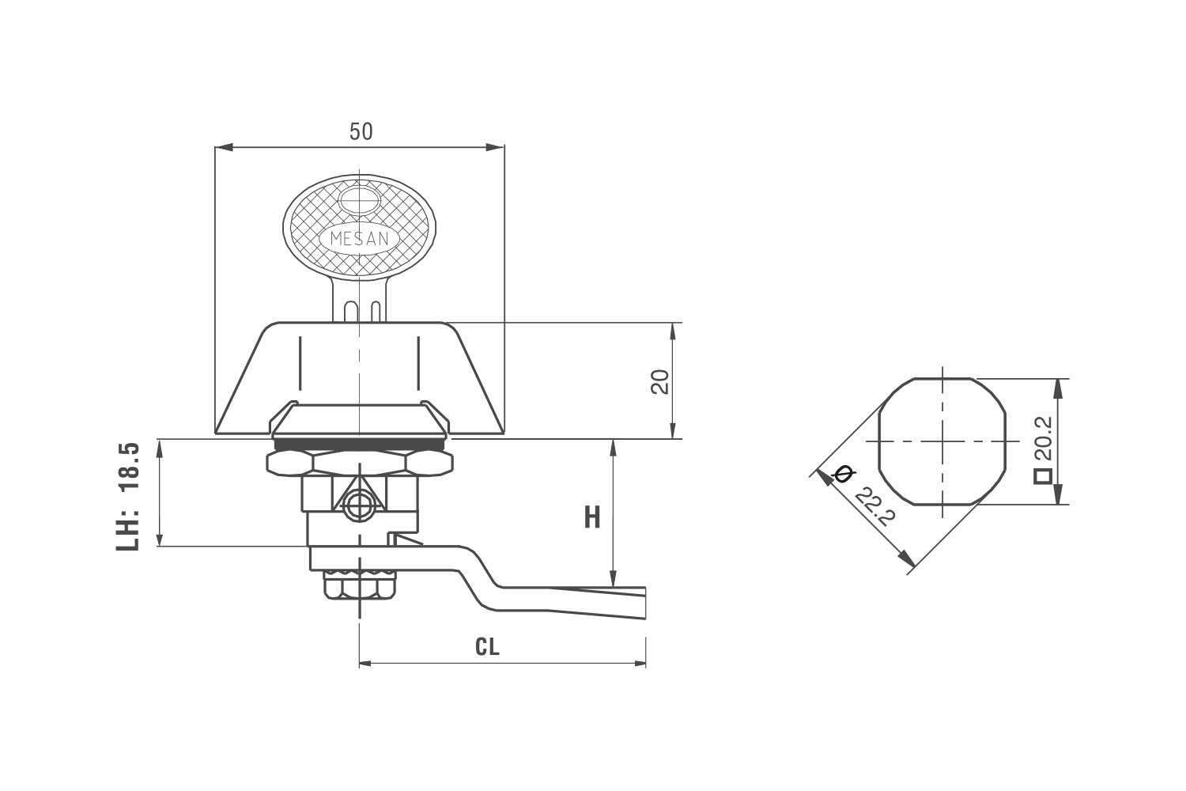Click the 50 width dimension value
361,131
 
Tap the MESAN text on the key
360,239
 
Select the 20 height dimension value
660,381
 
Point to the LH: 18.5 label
127,496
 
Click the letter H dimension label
592,517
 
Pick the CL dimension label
487,646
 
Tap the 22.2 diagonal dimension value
875,506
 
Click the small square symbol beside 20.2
1043,476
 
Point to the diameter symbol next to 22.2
842,473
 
